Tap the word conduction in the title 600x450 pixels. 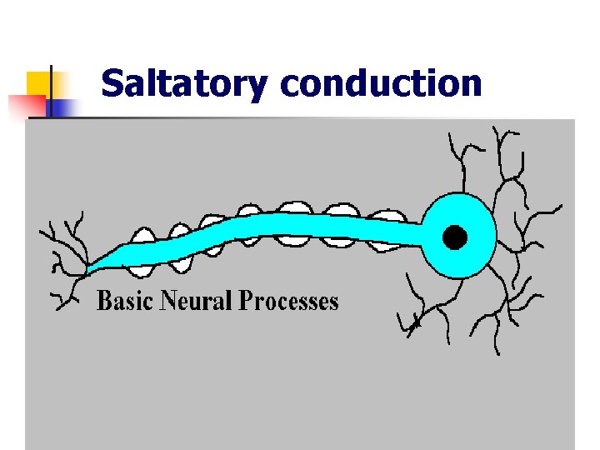point(381,84)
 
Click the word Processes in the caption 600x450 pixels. point(289,301)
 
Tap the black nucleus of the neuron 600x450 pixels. point(454,238)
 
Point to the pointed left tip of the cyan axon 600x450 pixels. point(89,268)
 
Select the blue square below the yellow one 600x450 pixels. point(62,107)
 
